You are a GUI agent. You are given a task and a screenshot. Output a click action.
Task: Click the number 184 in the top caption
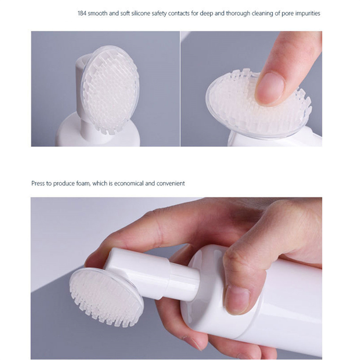tap(82, 13)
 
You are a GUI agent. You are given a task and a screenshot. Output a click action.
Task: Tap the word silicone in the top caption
tap(141, 13)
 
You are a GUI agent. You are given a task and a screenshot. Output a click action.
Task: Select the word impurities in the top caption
tap(308, 13)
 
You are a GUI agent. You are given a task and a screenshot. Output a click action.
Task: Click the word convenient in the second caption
tap(171, 184)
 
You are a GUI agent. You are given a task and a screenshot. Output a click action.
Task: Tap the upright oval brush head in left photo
tap(110, 90)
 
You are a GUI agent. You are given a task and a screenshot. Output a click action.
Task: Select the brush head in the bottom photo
tap(107, 298)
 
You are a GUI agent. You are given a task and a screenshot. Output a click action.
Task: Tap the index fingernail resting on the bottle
tap(237, 299)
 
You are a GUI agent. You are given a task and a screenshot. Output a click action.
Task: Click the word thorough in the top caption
tap(238, 13)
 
